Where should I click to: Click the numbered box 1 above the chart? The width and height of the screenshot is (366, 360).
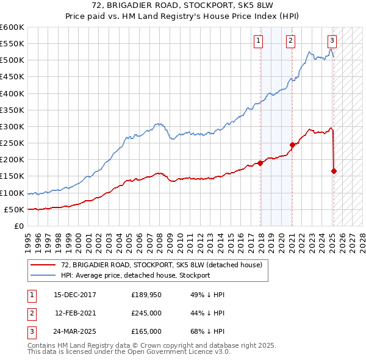(258, 41)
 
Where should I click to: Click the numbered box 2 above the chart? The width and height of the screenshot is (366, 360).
(290, 41)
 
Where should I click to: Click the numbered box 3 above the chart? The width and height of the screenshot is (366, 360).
(331, 41)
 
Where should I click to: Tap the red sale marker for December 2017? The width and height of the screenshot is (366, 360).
(260, 163)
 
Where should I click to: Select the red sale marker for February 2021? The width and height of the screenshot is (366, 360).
(292, 145)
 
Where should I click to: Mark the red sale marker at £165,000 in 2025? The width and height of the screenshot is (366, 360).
(334, 171)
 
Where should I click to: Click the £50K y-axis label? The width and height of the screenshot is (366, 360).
(14, 209)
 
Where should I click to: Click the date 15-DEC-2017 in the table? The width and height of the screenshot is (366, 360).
(75, 295)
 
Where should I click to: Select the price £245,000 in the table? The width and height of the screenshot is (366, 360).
(146, 313)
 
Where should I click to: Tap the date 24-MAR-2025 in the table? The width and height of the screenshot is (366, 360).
(75, 331)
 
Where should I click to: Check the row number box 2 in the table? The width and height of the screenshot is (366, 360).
(30, 313)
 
